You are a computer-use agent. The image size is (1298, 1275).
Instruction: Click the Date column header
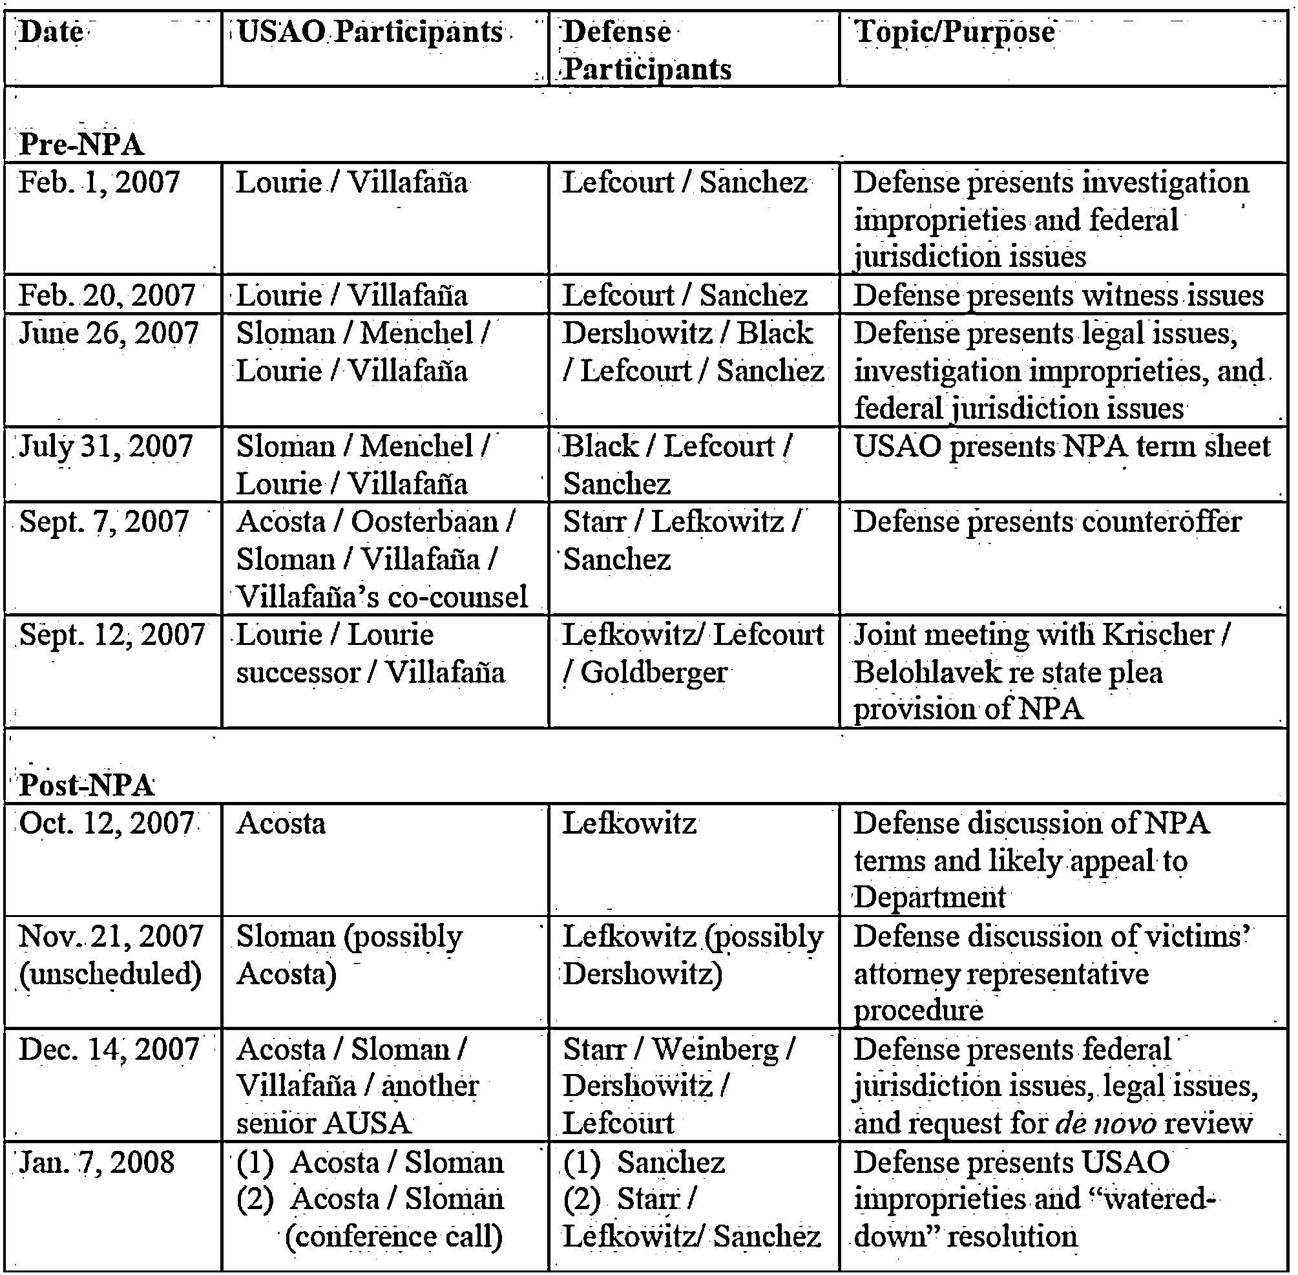pyautogui.click(x=51, y=32)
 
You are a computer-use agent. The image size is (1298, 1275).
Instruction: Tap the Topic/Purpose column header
pyautogui.click(x=954, y=32)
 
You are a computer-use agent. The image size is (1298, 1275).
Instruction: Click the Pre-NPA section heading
pyautogui.click(x=81, y=144)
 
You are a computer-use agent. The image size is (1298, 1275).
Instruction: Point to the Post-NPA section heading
pyautogui.click(x=87, y=785)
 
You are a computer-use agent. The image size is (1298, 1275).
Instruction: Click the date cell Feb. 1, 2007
pyautogui.click(x=99, y=182)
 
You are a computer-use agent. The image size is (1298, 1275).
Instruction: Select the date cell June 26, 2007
pyautogui.click(x=109, y=333)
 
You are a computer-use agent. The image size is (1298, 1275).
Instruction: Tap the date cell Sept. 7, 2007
pyautogui.click(x=104, y=522)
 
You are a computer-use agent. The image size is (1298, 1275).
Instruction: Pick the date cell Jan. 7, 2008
pyautogui.click(x=97, y=1163)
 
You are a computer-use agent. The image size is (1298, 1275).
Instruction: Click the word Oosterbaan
pyautogui.click(x=424, y=522)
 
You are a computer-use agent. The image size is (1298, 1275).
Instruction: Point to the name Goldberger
pyautogui.click(x=653, y=672)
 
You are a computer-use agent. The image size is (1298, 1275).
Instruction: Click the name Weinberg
pyautogui.click(x=715, y=1049)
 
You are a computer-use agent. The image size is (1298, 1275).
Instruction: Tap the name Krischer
pyautogui.click(x=1157, y=635)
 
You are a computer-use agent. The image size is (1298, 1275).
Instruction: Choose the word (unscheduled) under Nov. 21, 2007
pyautogui.click(x=110, y=974)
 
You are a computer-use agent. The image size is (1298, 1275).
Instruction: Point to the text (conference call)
pyautogui.click(x=393, y=1237)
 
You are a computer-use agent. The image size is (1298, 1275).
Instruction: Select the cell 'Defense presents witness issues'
pyautogui.click(x=1058, y=295)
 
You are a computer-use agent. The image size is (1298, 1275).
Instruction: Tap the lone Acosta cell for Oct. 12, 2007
pyautogui.click(x=280, y=823)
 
